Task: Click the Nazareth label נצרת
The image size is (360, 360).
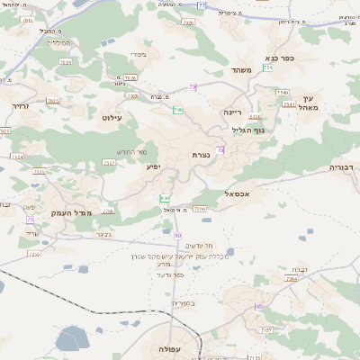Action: click(201, 155)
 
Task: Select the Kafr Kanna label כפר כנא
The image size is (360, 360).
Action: click(293, 57)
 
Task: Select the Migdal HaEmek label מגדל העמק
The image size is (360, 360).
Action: click(48, 212)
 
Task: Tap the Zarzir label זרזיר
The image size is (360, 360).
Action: click(19, 106)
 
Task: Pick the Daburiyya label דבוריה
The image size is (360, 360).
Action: click(343, 167)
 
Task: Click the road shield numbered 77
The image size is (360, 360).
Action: click(202, 5)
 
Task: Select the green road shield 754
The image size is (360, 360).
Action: click(267, 67)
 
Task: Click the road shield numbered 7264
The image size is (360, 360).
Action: click(291, 279)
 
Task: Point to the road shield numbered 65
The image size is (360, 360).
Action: click(259, 307)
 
